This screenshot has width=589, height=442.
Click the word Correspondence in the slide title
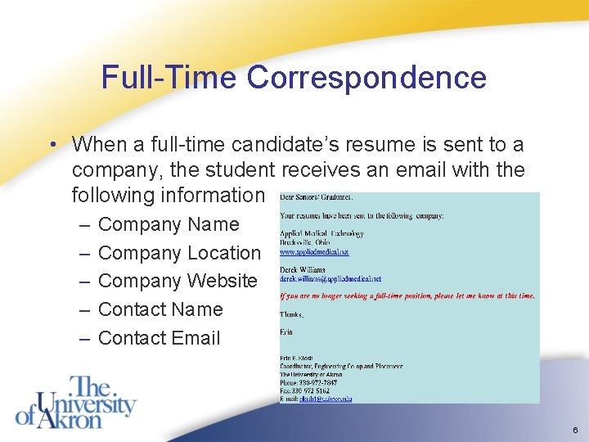[366, 78]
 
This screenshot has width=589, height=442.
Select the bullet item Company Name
[169, 224]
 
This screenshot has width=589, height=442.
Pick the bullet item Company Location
[178, 253]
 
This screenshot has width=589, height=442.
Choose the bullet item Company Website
[178, 281]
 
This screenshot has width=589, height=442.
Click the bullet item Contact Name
[160, 309]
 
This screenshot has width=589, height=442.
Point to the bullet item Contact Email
[159, 338]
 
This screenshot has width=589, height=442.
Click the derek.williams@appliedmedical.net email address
[330, 279]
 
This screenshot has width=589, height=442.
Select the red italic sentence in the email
[407, 295]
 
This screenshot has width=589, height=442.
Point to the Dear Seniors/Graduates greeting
[317, 197]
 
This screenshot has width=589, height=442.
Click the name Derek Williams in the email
[302, 269]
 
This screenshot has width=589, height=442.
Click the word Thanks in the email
[291, 314]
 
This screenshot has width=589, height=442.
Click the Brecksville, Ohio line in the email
[306, 243]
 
